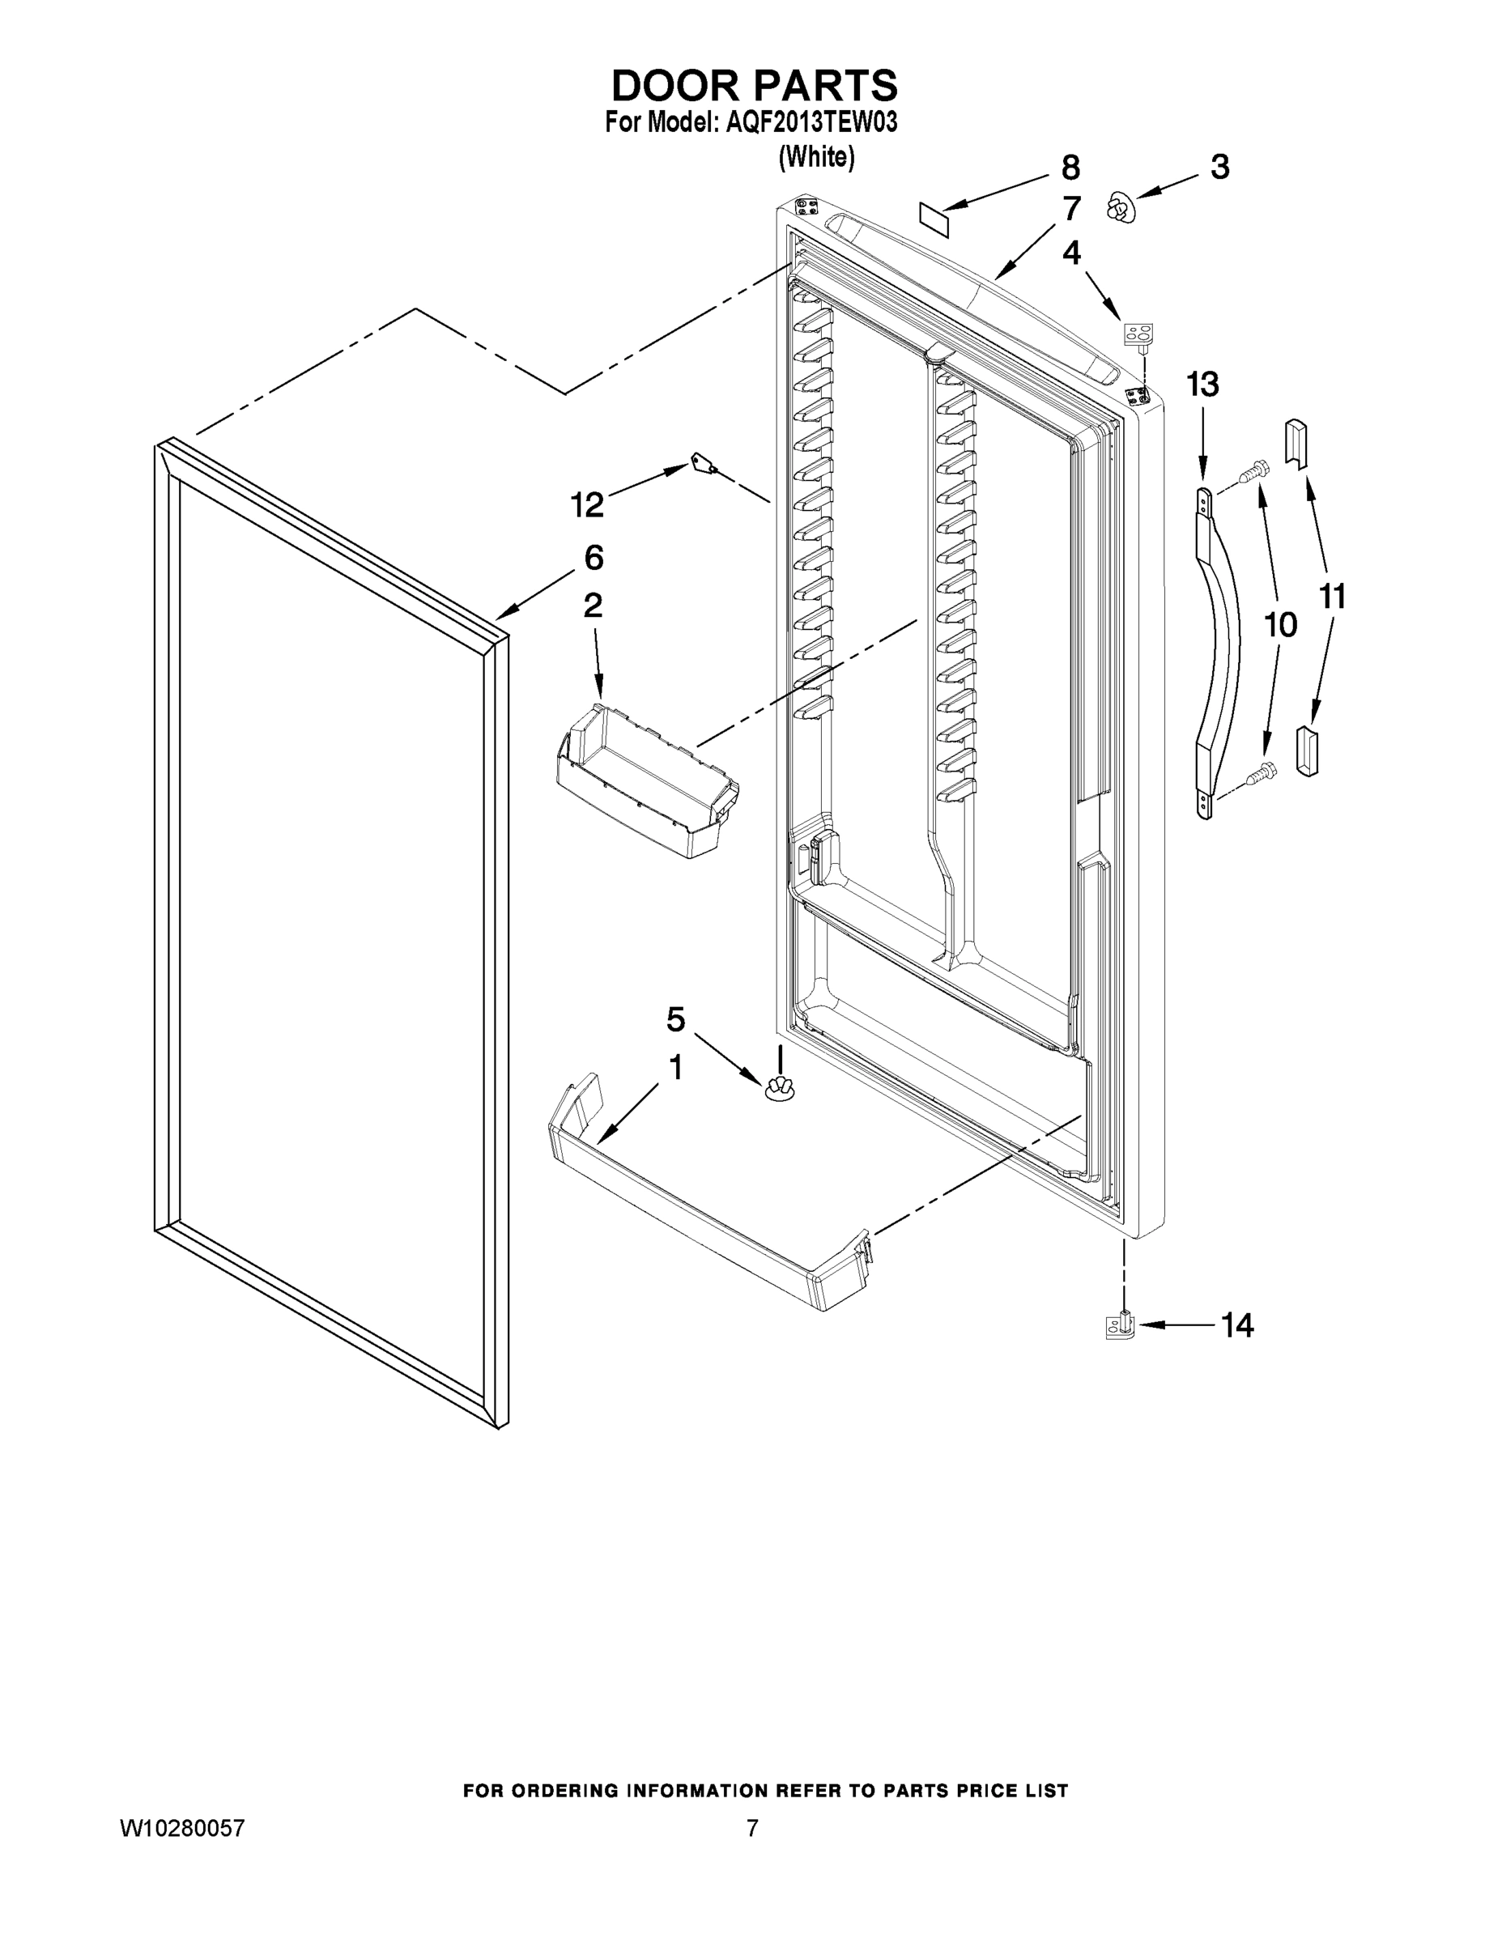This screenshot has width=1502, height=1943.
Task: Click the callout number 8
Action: (x=1070, y=168)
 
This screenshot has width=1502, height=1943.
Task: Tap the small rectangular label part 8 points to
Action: (x=934, y=218)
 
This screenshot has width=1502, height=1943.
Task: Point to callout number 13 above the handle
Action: (x=1202, y=385)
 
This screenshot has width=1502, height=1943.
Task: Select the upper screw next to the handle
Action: (x=1253, y=470)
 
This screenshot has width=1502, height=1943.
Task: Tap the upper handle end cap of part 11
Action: (x=1296, y=442)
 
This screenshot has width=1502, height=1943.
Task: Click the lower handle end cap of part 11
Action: (x=1308, y=750)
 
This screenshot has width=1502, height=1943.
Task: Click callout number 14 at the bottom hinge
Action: (x=1237, y=1325)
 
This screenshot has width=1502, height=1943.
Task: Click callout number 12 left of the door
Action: (x=587, y=504)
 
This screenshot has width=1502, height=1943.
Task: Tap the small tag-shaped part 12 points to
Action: (x=704, y=464)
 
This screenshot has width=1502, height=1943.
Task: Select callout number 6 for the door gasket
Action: (x=594, y=558)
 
